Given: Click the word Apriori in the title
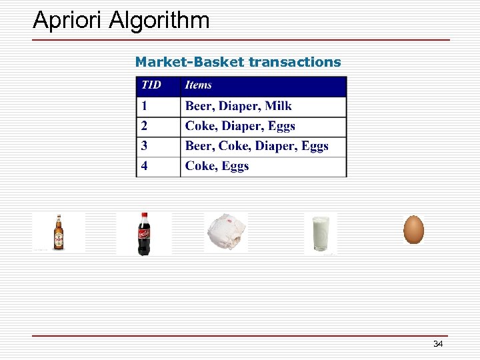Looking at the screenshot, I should [69, 21].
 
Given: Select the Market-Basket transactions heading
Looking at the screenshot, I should [237, 62].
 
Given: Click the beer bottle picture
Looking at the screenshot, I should [59, 233].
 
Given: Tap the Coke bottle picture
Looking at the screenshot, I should [143, 233].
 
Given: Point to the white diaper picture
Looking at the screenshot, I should [225, 233].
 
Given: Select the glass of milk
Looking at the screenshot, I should [320, 233].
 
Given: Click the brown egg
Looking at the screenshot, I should [413, 229].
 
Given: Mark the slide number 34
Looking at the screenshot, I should [438, 344].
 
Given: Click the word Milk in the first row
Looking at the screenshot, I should [278, 106].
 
